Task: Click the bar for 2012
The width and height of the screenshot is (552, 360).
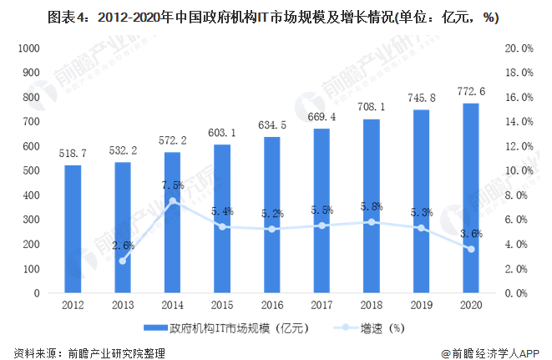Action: click(73, 229)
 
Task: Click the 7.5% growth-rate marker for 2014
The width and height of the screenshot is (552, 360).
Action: click(173, 201)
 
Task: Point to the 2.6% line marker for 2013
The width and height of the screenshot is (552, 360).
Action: click(124, 261)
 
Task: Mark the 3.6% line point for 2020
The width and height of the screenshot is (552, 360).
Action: click(471, 249)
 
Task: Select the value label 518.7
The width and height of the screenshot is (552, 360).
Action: click(73, 154)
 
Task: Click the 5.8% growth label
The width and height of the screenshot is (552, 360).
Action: click(372, 206)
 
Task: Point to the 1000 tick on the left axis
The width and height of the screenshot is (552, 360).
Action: click(28, 48)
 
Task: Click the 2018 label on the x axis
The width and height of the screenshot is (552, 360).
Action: click(372, 306)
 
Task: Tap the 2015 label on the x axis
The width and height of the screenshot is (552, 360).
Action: click(223, 306)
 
